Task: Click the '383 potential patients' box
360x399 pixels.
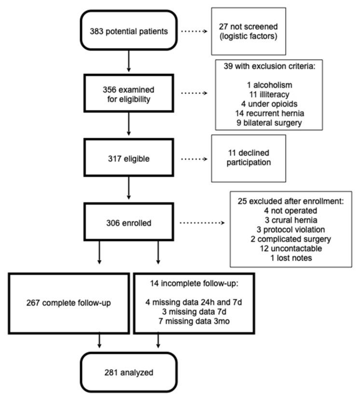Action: [x=129, y=30]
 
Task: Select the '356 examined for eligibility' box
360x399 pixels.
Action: [x=129, y=94]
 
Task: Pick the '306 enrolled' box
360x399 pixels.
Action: [x=129, y=223]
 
